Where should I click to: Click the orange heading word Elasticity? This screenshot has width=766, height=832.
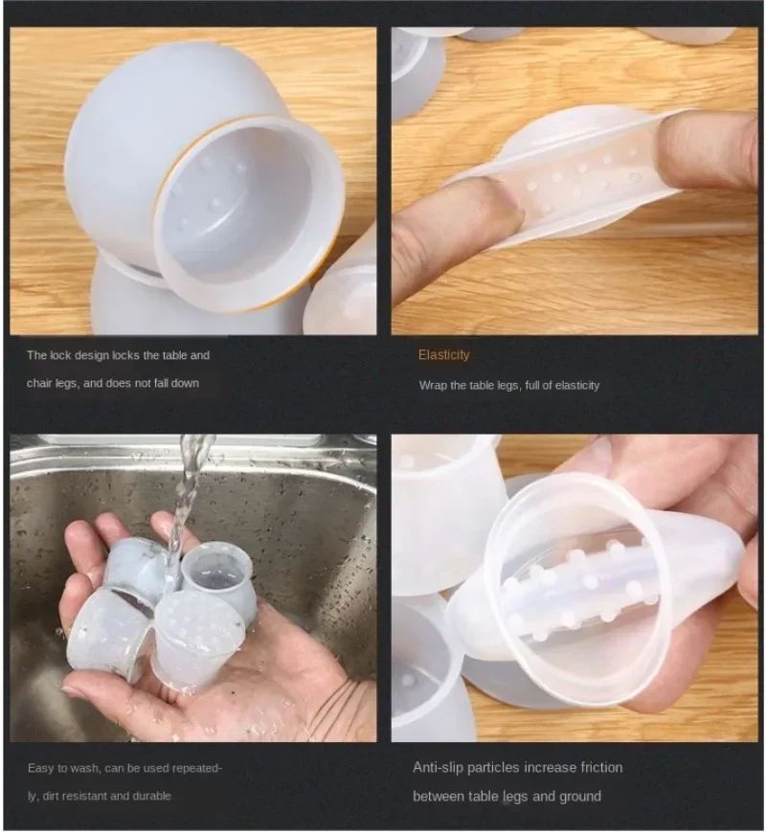(443, 355)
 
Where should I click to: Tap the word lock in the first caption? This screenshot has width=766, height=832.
(60, 355)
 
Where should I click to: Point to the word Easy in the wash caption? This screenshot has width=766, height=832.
(41, 768)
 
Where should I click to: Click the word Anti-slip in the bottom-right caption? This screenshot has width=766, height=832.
(439, 768)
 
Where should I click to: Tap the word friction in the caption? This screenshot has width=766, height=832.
(601, 767)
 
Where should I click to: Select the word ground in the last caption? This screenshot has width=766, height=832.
(581, 797)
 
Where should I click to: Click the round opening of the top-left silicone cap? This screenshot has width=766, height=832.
(248, 213)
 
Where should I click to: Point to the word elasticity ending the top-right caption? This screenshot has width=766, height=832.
(575, 386)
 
